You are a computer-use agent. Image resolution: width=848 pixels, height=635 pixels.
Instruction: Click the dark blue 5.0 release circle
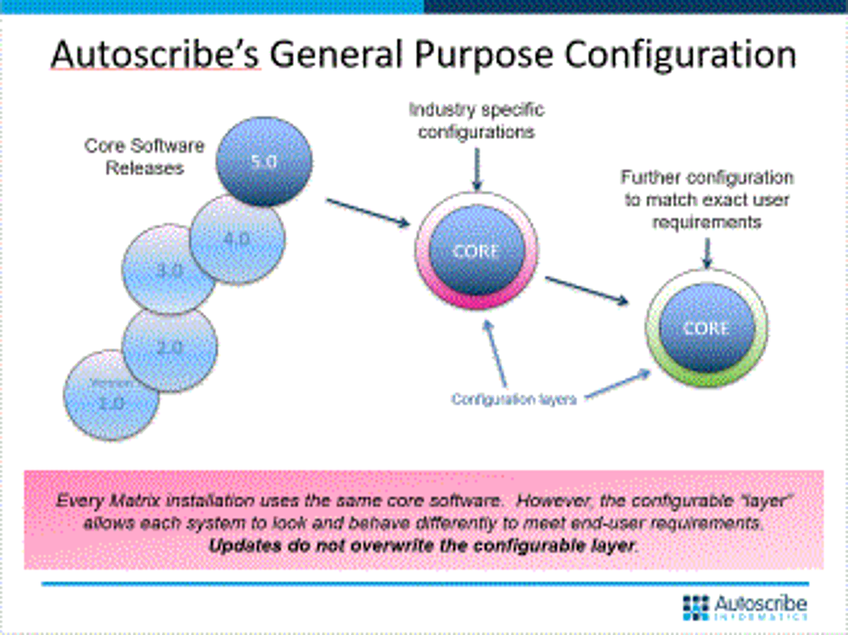(264, 161)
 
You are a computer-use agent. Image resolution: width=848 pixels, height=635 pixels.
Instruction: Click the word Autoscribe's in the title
(155, 55)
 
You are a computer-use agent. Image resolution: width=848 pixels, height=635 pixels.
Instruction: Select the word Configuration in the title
(680, 55)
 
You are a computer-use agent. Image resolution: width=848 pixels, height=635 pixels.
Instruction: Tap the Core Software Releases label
(144, 157)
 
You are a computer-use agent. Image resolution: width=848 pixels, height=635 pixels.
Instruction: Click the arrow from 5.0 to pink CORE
(367, 212)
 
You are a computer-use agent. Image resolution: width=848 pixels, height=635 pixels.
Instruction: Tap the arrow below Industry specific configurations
(477, 169)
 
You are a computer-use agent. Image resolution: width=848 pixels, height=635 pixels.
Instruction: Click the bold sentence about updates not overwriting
(423, 546)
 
